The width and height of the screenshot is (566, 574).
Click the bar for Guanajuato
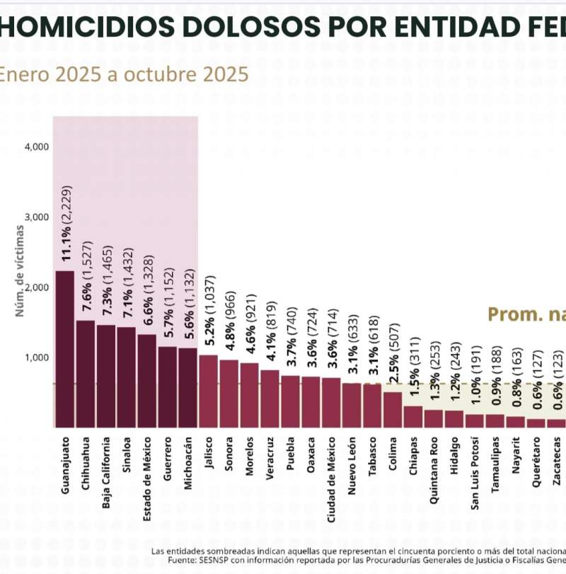64,349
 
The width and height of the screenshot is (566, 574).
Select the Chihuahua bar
85,374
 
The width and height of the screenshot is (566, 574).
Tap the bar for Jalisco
208,391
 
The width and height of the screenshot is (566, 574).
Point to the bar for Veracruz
270,398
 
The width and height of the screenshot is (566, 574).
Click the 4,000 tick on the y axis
36,147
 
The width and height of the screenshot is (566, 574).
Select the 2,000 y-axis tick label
36,287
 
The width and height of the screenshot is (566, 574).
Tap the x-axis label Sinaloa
126,459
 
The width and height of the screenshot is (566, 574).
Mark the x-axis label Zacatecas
557,464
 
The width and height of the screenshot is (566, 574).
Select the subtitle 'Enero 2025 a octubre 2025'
123,74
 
